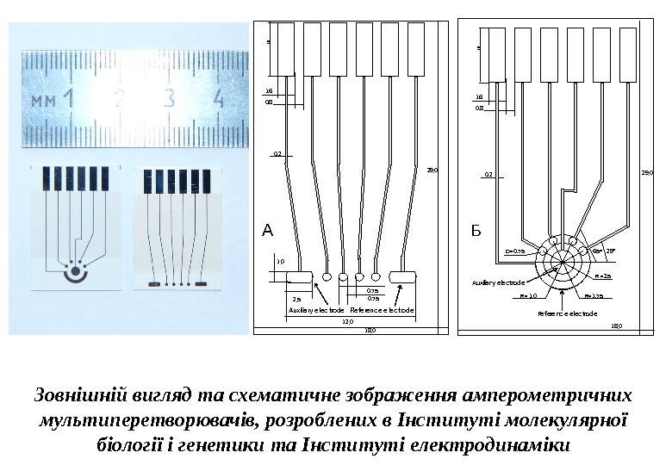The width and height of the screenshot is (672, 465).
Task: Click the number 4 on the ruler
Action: tap(219, 99)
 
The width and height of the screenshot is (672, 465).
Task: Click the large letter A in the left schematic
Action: tap(267, 230)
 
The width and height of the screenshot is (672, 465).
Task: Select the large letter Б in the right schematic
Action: tap(476, 231)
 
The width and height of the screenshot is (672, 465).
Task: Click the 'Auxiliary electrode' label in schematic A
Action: tap(316, 310)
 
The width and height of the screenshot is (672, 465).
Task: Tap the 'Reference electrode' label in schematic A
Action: tap(383, 310)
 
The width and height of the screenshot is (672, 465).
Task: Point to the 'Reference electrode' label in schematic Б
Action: tap(568, 314)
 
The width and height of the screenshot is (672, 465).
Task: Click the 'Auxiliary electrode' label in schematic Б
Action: tap(498, 282)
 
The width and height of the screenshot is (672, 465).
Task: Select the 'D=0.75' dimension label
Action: tap(514, 251)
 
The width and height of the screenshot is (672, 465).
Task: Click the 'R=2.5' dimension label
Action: tap(603, 276)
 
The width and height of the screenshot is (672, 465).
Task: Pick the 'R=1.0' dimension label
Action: tap(529, 295)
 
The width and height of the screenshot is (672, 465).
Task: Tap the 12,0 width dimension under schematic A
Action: tap(348, 320)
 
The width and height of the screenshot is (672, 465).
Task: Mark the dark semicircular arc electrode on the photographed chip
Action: tap(75, 276)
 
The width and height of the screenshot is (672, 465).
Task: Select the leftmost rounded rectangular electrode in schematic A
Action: tap(298, 276)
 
